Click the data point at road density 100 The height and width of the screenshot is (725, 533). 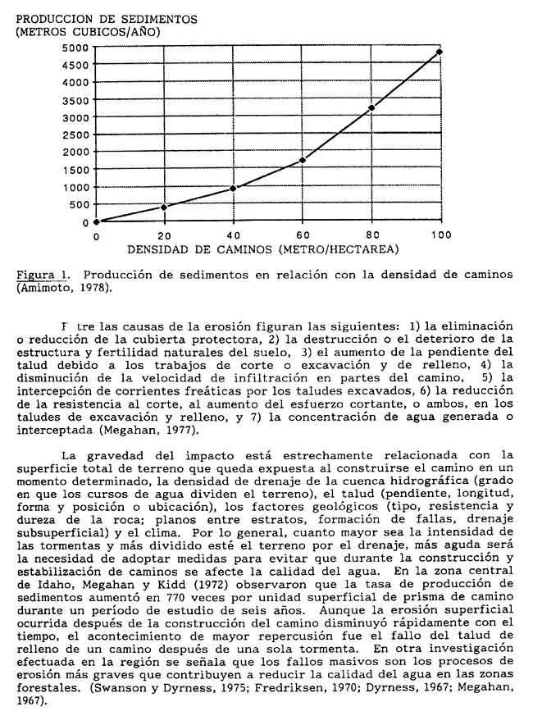(440, 52)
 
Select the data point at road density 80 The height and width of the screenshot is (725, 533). (371, 107)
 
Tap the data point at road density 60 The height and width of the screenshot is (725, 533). (303, 160)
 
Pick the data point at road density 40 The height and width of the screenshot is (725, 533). (234, 189)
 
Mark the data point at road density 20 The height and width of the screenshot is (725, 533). (164, 207)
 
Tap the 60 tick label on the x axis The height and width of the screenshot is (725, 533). (303, 235)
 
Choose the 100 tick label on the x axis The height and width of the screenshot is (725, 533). (440, 235)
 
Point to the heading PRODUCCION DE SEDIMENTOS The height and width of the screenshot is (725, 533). (107, 17)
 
